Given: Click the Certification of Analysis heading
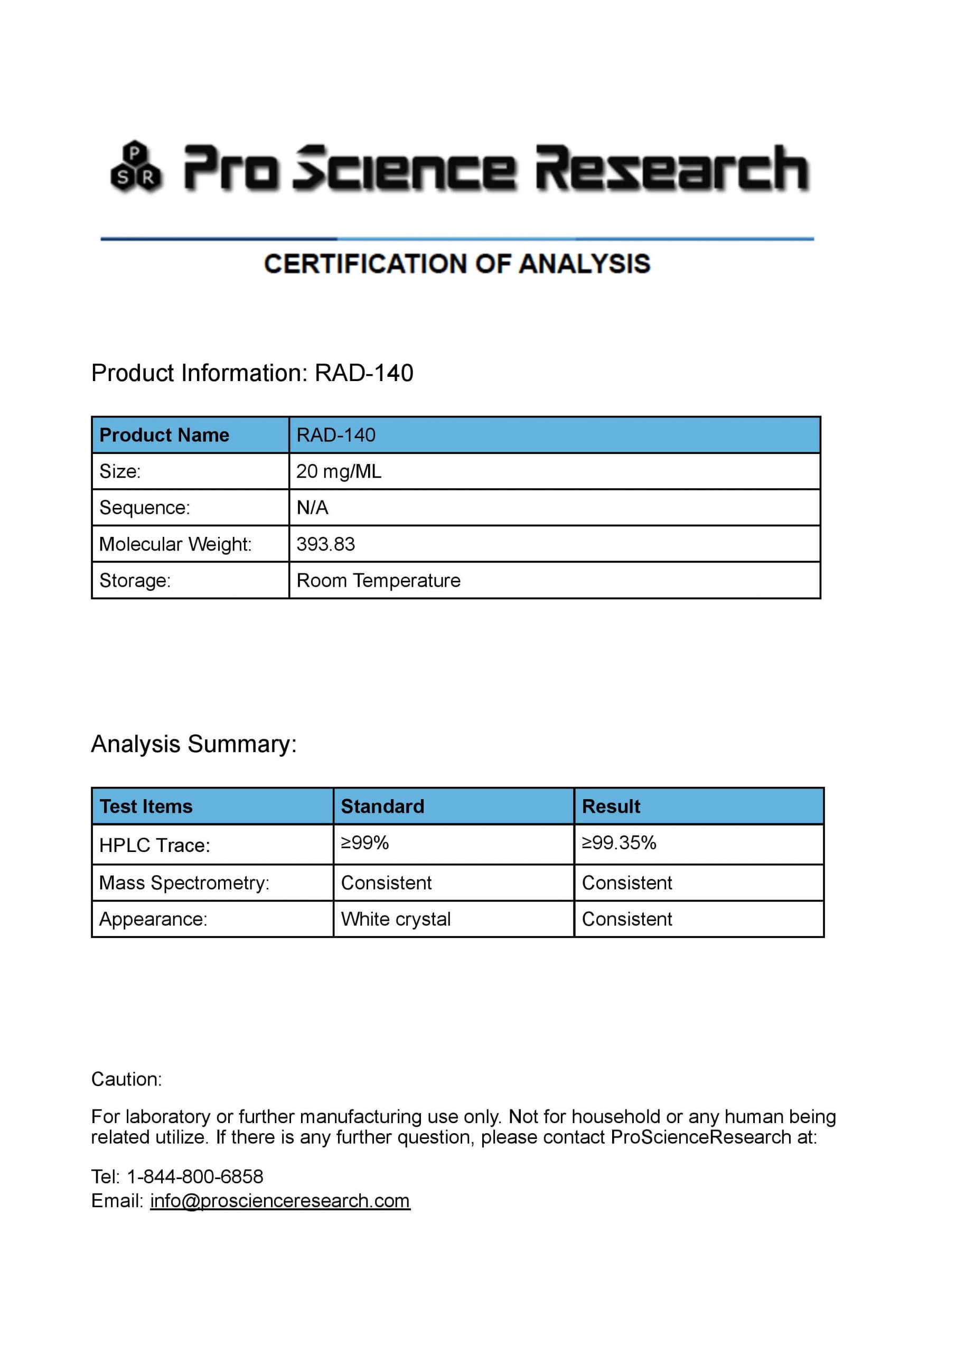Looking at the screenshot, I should (x=457, y=264).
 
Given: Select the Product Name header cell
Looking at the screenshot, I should (x=164, y=435).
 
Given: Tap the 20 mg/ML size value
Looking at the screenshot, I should (x=339, y=471).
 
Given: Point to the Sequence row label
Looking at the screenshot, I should (x=144, y=507).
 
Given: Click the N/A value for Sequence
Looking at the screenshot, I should (x=312, y=507).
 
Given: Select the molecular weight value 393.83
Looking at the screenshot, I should (x=326, y=544).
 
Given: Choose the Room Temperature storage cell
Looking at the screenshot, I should (x=378, y=580).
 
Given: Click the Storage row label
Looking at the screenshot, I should (x=135, y=580).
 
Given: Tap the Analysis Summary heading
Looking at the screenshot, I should (x=194, y=744).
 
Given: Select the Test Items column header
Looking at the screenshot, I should (x=146, y=806).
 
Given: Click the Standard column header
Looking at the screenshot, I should (x=382, y=806).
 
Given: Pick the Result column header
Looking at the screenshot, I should (x=611, y=806).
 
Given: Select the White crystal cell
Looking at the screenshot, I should (x=396, y=919).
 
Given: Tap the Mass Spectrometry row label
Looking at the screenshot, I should (x=184, y=883).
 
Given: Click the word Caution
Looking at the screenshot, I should (x=126, y=1079).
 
